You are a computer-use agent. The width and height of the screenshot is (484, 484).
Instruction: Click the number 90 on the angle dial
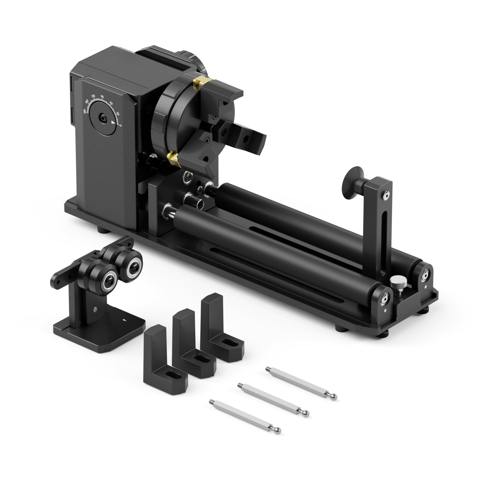click(102, 96)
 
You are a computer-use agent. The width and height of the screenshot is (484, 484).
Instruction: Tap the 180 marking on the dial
click(84, 112)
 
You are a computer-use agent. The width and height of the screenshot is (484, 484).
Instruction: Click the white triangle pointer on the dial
click(113, 123)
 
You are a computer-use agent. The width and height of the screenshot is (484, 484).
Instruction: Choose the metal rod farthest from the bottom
click(301, 383)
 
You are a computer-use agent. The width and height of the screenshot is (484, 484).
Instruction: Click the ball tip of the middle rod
click(307, 413)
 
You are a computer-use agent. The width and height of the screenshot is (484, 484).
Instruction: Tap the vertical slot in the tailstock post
click(384, 230)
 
